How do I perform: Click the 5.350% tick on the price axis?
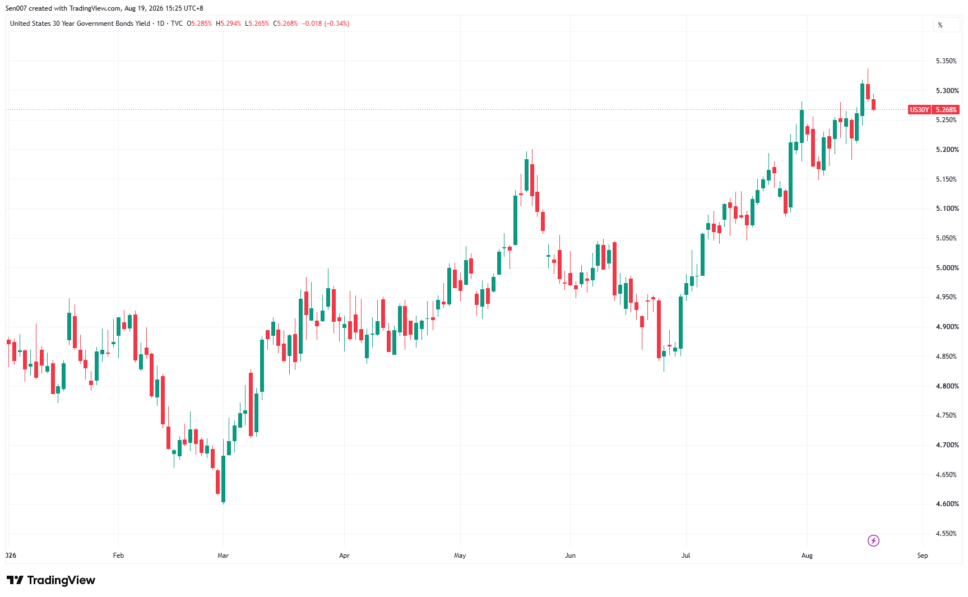click(946, 61)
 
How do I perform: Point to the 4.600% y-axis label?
click(946, 504)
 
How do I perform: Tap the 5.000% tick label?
click(946, 268)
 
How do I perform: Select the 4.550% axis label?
click(946, 534)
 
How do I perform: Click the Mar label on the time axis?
click(223, 556)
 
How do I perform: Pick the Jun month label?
click(570, 556)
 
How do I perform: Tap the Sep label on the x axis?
click(923, 556)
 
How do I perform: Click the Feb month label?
click(118, 556)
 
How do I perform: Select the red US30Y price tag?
click(919, 110)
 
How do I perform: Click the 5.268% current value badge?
click(946, 110)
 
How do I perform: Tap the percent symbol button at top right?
click(941, 25)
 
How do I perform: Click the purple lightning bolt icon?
click(873, 540)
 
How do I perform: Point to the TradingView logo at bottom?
click(51, 580)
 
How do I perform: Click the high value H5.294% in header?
click(228, 24)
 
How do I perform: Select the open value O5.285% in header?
click(200, 24)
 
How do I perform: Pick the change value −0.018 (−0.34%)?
click(326, 24)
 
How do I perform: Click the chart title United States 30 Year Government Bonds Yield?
click(80, 24)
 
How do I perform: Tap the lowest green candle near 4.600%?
click(224, 479)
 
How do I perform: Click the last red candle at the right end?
click(873, 104)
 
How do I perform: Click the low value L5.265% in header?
click(257, 24)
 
